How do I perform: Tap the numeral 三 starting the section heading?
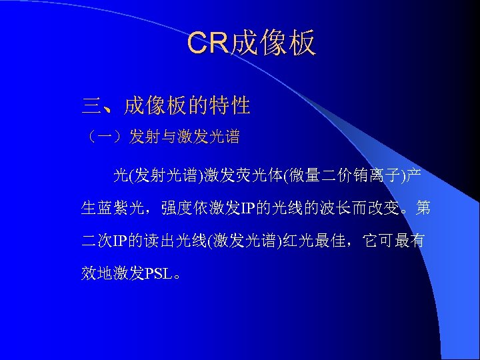point(91,105)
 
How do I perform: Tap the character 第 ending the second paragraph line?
point(423,209)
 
